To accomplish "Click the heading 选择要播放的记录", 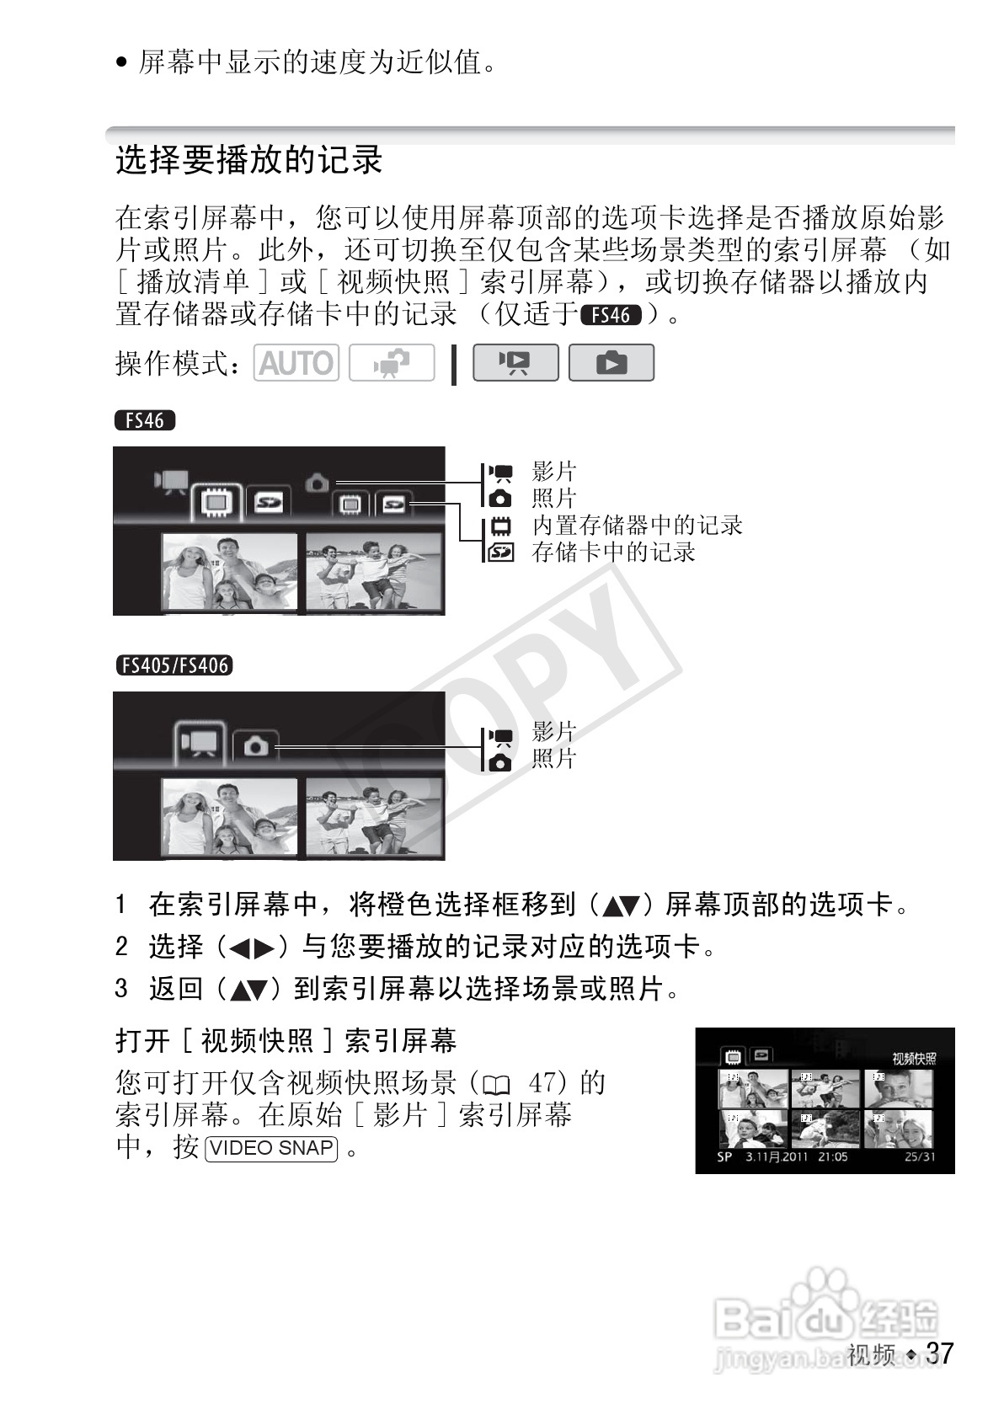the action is coord(249,160).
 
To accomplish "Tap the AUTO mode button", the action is coord(296,362).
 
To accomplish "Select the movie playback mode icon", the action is coord(515,362).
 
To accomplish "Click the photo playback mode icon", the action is coord(611,362).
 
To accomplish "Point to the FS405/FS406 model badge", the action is coord(174,665).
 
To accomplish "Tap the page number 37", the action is coord(939,1353).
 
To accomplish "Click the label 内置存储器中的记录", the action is coord(637,525).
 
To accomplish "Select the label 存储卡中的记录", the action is coord(613,553).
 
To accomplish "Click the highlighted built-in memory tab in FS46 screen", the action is coord(216,503).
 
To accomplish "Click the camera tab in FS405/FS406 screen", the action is coord(255,746).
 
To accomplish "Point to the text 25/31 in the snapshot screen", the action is coord(919,1156).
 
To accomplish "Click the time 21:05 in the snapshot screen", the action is coord(833,1156).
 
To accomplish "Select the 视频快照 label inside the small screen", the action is coord(914,1059).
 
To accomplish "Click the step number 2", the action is coord(122,947).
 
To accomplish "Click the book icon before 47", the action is coord(496,1085).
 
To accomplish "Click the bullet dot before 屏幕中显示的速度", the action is coord(122,62).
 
